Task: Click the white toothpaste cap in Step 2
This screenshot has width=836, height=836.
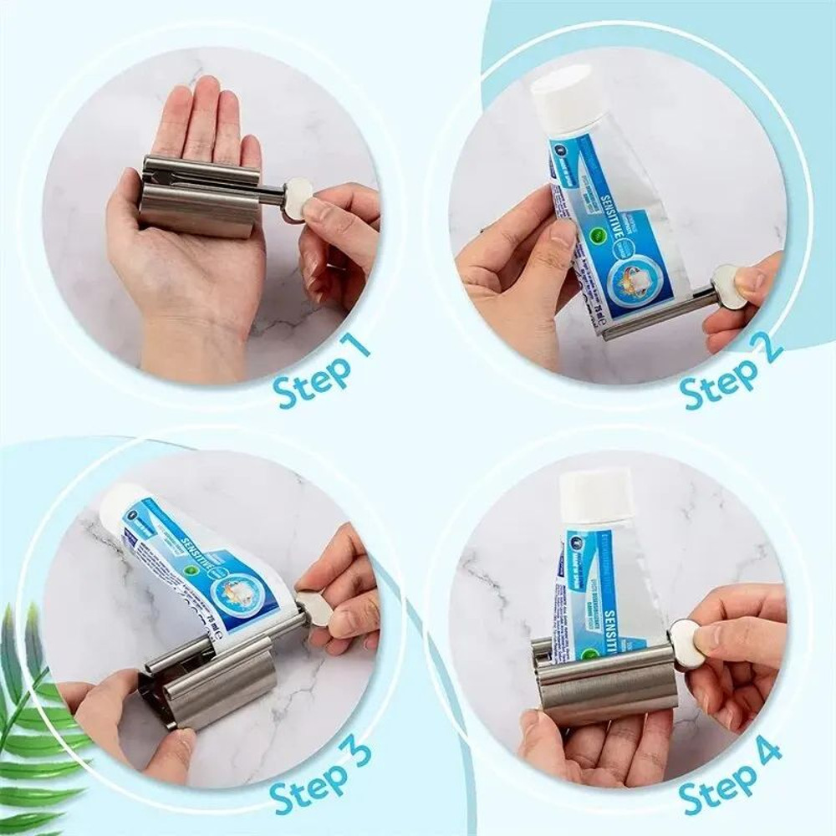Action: click(x=568, y=96)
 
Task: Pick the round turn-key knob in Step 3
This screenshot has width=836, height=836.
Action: click(x=314, y=607)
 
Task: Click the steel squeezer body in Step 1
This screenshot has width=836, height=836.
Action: click(x=201, y=201)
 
